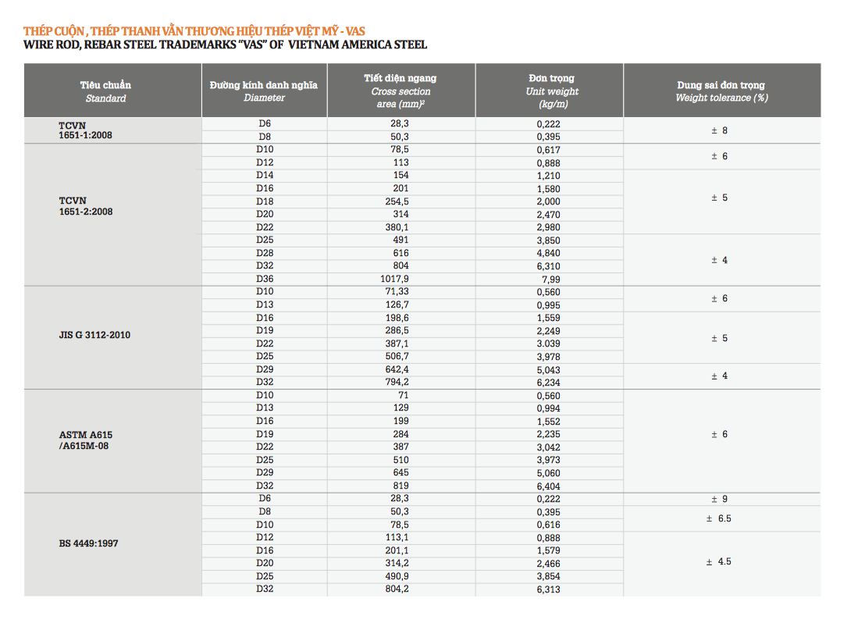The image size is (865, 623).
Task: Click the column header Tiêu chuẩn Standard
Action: [105, 91]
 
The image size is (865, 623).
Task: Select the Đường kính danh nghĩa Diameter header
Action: [264, 91]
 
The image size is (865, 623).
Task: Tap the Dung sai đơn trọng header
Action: [721, 91]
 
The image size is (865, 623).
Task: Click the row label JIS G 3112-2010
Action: [95, 335]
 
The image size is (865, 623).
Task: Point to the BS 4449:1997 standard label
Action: [88, 543]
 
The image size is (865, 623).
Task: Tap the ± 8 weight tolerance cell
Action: [719, 131]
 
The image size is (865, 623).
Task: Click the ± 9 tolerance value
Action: [719, 499]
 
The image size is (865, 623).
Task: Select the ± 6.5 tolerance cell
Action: [719, 518]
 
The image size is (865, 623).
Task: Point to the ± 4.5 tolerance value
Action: [719, 562]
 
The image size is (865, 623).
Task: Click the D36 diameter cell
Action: [265, 279]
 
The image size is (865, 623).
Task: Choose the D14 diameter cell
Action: [265, 176]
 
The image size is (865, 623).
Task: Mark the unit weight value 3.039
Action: [549, 344]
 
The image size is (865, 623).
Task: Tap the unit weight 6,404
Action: [549, 486]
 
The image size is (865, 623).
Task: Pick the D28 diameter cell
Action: [265, 253]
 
